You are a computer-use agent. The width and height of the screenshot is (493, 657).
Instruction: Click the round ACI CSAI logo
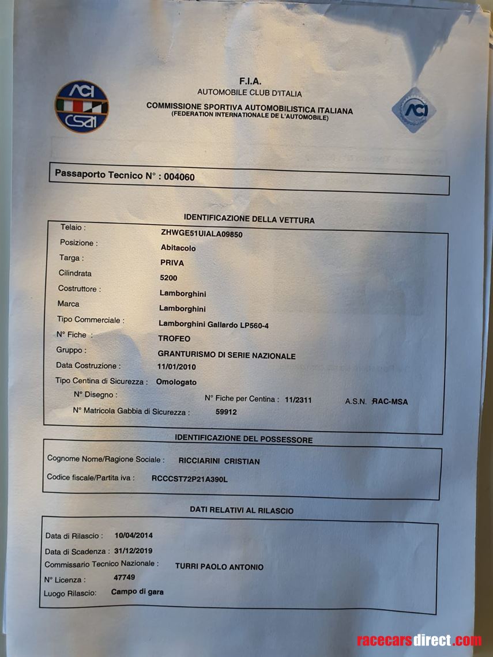tap(81, 107)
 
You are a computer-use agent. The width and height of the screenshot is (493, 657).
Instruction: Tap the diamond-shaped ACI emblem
tap(413, 109)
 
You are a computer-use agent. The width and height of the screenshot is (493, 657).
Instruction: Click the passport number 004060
tap(179, 177)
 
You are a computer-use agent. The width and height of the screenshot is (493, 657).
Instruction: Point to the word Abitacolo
tap(178, 248)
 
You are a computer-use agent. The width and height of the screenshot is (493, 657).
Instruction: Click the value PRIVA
tap(172, 263)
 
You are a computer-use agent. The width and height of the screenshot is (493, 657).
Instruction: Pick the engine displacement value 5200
tap(169, 278)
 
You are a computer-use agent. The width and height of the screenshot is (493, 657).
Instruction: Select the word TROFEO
tap(174, 339)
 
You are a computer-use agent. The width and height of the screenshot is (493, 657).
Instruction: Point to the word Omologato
tap(176, 382)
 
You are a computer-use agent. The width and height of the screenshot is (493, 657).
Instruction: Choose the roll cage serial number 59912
tap(226, 412)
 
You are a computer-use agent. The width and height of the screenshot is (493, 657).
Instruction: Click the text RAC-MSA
tap(390, 402)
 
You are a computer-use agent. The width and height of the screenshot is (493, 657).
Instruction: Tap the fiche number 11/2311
tap(298, 399)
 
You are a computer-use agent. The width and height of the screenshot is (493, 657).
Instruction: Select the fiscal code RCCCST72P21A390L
tap(190, 478)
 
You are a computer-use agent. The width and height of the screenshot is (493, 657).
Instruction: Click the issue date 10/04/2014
tap(134, 535)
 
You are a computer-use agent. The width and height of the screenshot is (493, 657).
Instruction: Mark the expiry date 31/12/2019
tap(133, 551)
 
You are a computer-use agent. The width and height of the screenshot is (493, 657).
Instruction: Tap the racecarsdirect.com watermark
tap(419, 640)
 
